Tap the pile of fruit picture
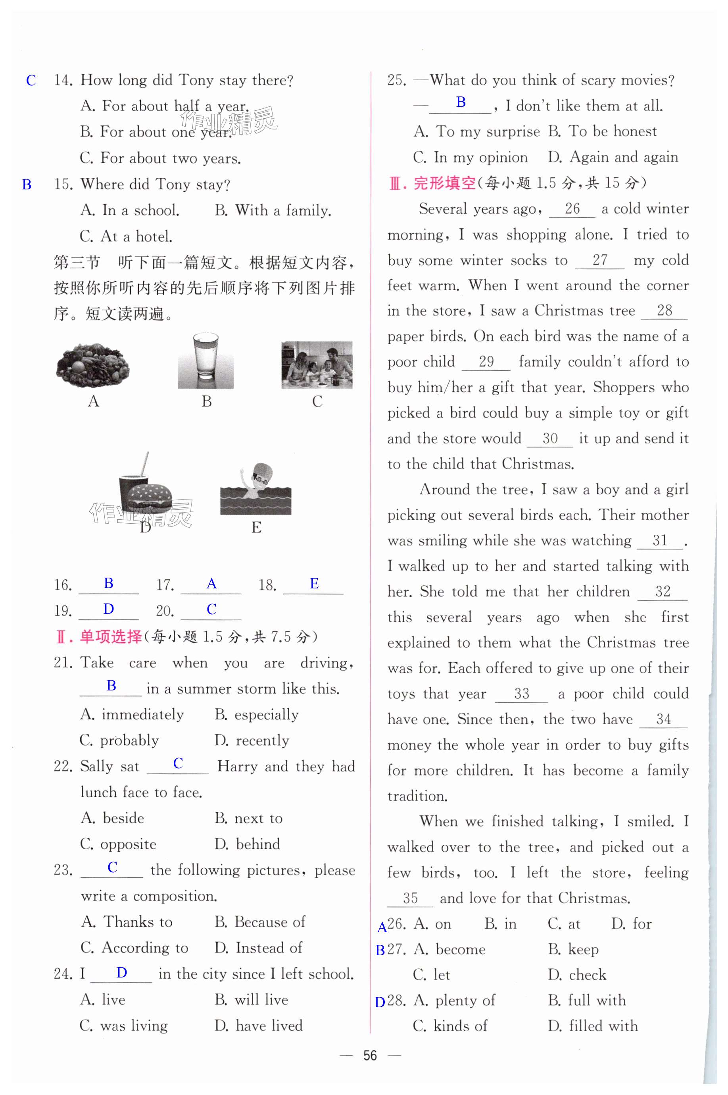pos(93,365)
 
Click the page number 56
pos(370,1056)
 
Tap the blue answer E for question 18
pos(314,584)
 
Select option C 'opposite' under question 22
pos(118,844)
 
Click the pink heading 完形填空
pos(444,183)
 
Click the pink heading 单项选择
pos(111,636)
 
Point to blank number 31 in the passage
pos(660,540)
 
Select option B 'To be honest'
pos(602,131)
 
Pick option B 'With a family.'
pos(273,210)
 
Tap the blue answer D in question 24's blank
pos(122,973)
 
